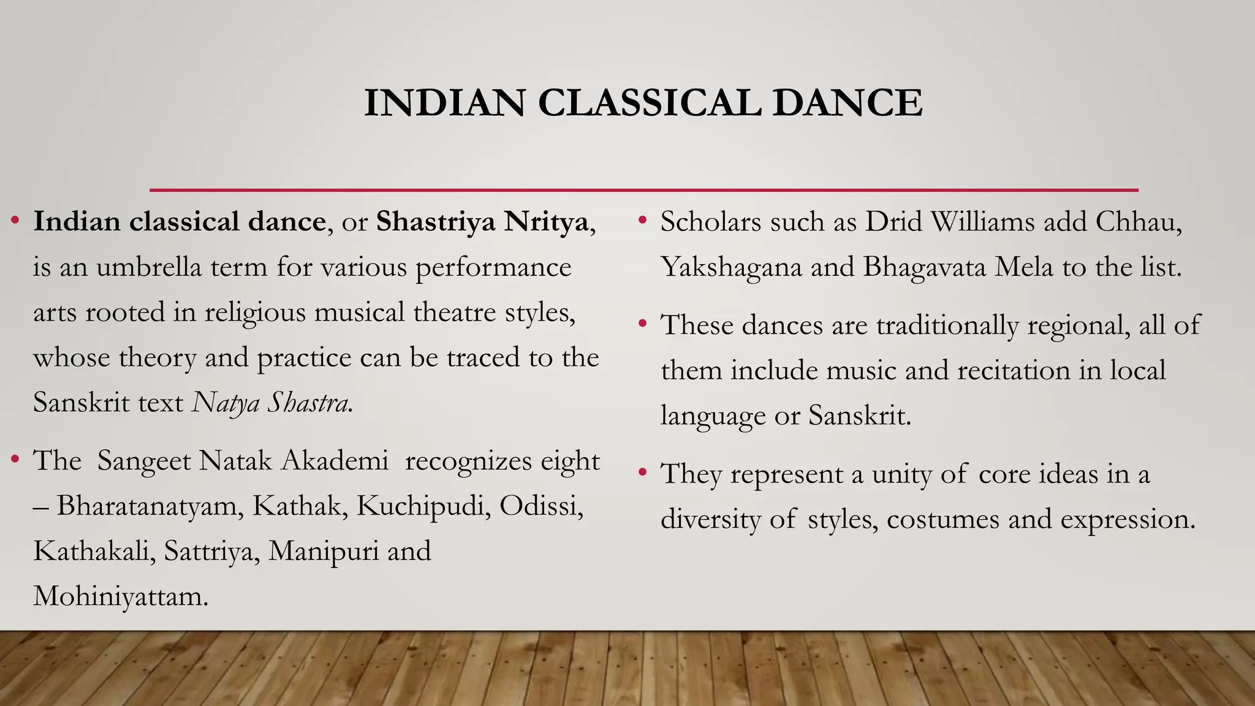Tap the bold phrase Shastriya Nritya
[482, 221]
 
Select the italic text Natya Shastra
[271, 403]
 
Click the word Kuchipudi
[423, 506]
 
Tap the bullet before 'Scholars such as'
[642, 219]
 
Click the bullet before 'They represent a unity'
[642, 472]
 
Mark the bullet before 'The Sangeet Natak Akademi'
[15, 458]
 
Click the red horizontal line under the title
[643, 190]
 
